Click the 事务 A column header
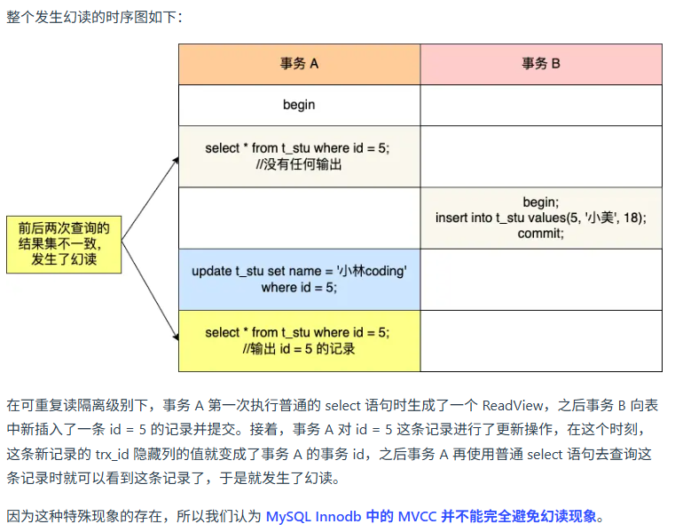pos(299,64)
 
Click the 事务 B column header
pos(540,64)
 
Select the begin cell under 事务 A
pos(299,105)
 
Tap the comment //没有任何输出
pos(299,164)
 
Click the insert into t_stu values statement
pos(540,218)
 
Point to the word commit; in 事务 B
pos(540,234)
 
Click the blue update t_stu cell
pos(299,279)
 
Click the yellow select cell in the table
pos(299,340)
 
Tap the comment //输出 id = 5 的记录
pos(299,349)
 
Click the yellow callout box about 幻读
pos(64,244)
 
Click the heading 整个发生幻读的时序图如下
pos(94,17)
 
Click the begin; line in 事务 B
pos(540,202)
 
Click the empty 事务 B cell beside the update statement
pos(540,279)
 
